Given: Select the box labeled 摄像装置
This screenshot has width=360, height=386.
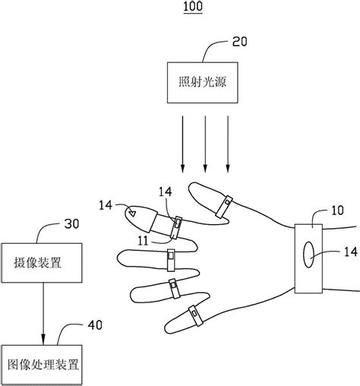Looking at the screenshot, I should point(44,266).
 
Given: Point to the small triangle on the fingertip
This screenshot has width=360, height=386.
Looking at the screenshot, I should point(133,214).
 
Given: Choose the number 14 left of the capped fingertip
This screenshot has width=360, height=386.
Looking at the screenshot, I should point(107,204).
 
